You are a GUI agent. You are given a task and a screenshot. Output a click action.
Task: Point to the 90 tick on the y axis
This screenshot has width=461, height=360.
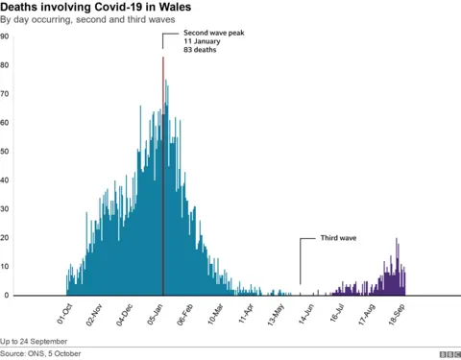point(5,36)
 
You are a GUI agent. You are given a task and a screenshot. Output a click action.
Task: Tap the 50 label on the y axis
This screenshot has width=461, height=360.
point(5,152)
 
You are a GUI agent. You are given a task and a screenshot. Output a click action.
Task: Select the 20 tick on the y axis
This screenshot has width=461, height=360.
point(5,238)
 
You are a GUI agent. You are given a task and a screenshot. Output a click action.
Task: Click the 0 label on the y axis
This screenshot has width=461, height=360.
point(5,296)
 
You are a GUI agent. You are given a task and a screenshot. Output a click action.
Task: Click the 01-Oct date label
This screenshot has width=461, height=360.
point(63,314)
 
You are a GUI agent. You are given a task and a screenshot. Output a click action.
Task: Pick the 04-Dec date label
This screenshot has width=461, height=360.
point(124,314)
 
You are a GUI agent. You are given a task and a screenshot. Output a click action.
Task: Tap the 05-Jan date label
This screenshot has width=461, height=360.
point(155,314)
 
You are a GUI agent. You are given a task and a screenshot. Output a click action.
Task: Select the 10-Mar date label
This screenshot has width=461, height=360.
point(214,314)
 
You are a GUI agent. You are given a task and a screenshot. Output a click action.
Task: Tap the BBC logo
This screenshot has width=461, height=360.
point(448,354)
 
